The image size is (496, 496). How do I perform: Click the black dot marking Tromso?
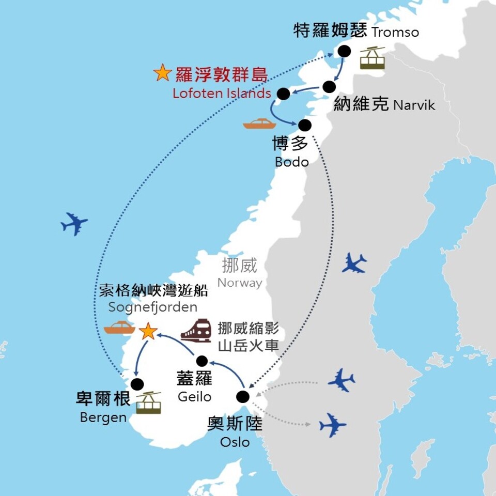coord(344,51)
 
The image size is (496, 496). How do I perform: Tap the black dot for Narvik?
coord(328,86)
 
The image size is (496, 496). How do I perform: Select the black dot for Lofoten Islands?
coord(283,94)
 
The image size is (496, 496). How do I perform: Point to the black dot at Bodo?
coord(305,125)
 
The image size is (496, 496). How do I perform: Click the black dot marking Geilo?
coord(202,361)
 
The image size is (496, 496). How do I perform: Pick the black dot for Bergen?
coord(137,384)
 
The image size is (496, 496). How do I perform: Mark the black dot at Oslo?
coord(242,397)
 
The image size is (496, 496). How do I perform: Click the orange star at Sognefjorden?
coord(148,331)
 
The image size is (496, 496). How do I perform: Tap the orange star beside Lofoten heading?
coord(162,73)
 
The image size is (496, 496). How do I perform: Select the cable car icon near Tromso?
coord(373,58)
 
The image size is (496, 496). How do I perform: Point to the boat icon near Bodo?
coord(260,123)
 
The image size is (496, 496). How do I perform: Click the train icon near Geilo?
coord(196,331)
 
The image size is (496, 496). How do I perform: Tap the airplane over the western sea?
coord(74,224)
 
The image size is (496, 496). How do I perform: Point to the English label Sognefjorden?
coord(153,307)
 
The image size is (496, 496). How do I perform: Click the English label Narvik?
coord(414,105)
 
